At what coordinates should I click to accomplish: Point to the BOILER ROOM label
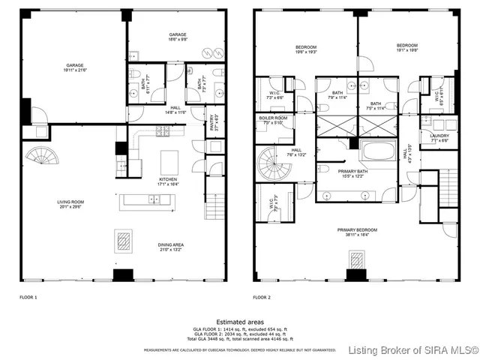(273, 120)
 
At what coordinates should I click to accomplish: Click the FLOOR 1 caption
(29, 298)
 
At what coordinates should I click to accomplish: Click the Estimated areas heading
(240, 321)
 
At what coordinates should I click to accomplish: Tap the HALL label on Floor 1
(175, 109)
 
